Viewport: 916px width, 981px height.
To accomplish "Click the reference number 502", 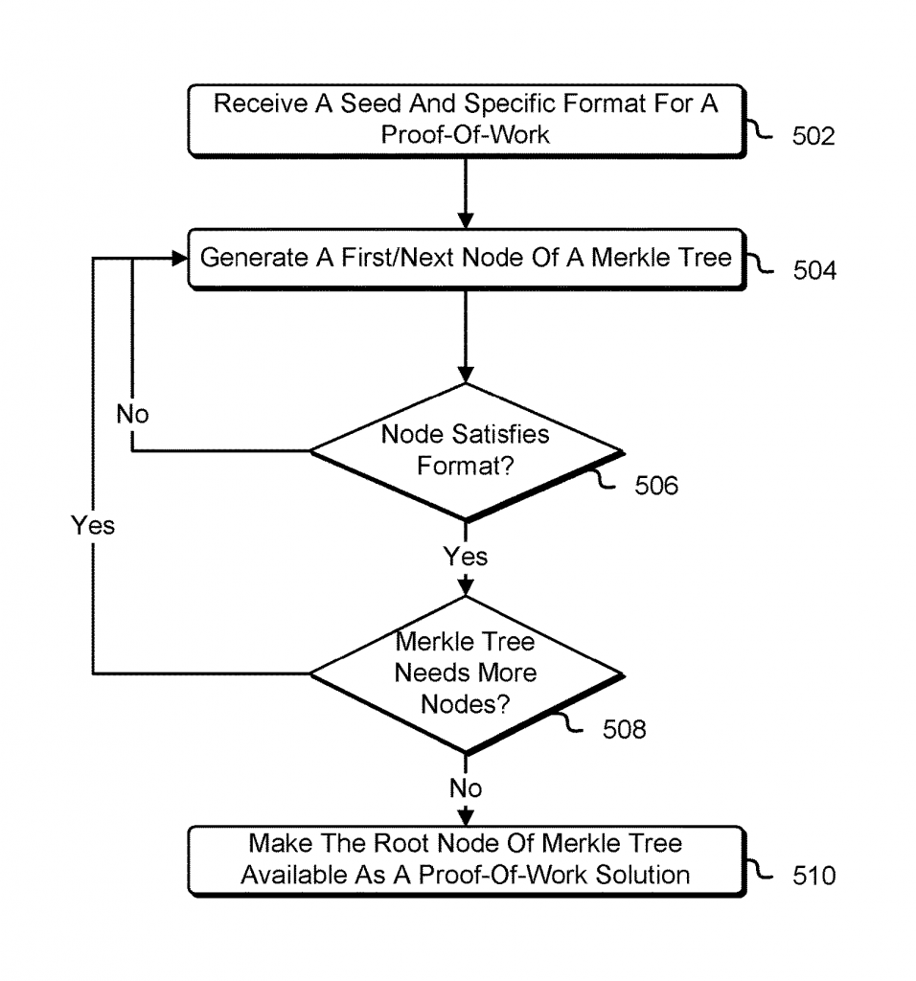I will tap(813, 136).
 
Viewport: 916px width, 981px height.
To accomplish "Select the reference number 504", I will tap(813, 271).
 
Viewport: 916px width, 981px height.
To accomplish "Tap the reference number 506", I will tap(656, 486).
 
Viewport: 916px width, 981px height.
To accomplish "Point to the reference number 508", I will tap(625, 730).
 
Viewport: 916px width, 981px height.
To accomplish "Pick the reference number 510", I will tap(813, 875).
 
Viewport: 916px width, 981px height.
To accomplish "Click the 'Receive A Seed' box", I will tap(466, 120).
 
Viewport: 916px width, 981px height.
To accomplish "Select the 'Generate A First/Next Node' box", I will tap(466, 259).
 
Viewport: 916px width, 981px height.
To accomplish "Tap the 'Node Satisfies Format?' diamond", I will tap(466, 450).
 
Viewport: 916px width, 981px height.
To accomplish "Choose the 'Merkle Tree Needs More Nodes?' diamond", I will tap(466, 673).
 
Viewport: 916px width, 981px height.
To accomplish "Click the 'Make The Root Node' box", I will tap(466, 859).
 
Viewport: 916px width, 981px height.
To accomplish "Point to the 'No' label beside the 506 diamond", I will tap(133, 415).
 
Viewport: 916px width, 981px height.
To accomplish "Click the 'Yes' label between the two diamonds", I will tap(466, 557).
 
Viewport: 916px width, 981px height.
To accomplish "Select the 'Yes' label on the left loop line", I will tap(92, 525).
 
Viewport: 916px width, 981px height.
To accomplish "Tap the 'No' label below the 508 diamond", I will tap(466, 788).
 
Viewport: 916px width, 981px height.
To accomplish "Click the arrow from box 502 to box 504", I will tap(466, 192).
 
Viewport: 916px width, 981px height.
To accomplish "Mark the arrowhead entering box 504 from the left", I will tap(176, 259).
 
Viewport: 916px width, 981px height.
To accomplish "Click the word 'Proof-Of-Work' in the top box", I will tap(466, 134).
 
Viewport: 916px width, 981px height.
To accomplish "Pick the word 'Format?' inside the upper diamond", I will tap(466, 465).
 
